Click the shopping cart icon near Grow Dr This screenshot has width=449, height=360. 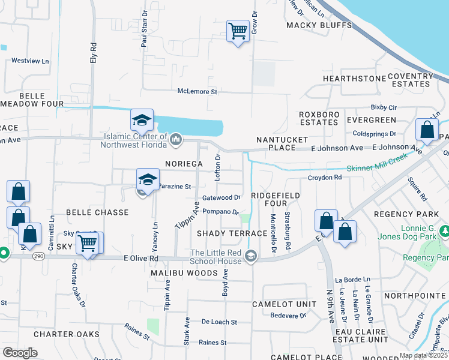point(238,31)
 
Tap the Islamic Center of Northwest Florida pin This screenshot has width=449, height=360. point(176,140)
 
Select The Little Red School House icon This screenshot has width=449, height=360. point(252,257)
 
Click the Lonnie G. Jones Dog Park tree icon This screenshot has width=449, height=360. point(445,231)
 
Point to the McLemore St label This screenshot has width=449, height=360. point(197,92)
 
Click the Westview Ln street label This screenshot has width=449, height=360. point(29,61)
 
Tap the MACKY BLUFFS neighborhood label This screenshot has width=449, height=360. point(319,25)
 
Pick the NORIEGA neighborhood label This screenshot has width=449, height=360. point(184,163)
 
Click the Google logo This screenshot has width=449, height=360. point(20,353)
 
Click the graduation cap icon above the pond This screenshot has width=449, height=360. point(142,121)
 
